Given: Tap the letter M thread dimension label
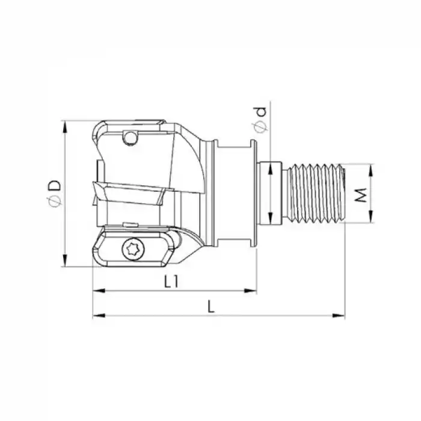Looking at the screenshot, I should coord(361,194).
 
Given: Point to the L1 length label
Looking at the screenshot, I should coord(172,280).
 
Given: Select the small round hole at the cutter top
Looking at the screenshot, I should coord(129,139).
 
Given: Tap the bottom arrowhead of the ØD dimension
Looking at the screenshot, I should coord(65,263).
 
